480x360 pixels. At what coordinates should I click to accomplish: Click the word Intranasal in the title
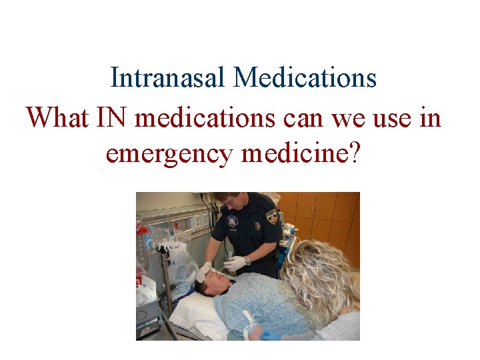pyautogui.click(x=169, y=78)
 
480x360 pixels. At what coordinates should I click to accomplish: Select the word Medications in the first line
pyautogui.click(x=305, y=78)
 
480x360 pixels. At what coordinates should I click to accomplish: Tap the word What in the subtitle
pyautogui.click(x=55, y=118)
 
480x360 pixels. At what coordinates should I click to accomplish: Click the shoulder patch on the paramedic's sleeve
pyautogui.click(x=272, y=217)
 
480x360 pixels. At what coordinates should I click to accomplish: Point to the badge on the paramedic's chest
pyautogui.click(x=233, y=221)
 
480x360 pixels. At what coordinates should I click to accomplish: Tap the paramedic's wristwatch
pyautogui.click(x=247, y=261)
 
